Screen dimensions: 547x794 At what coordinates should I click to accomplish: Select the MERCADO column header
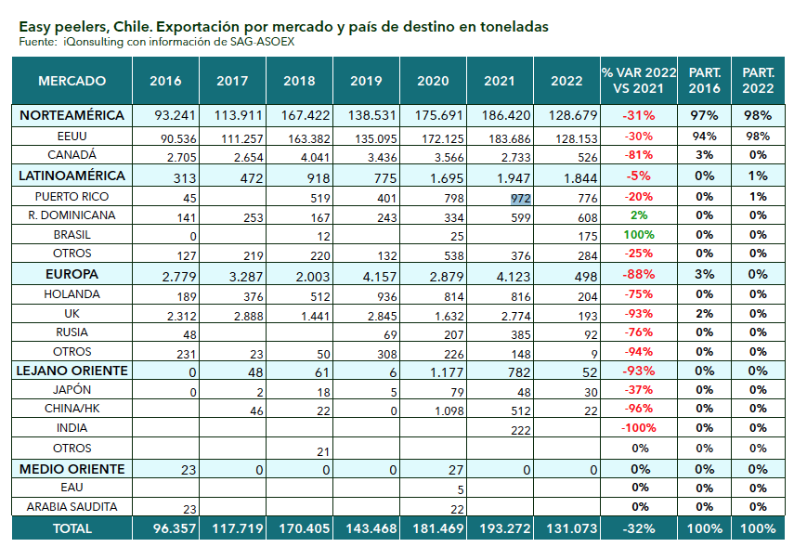pyautogui.click(x=72, y=81)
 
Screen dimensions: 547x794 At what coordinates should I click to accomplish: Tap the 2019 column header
pyautogui.click(x=366, y=81)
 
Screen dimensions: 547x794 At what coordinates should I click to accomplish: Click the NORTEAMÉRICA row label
pyautogui.click(x=72, y=116)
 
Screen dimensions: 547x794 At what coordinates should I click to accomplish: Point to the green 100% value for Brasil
pyautogui.click(x=639, y=235)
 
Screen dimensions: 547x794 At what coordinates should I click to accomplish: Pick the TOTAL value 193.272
pyautogui.click(x=500, y=527)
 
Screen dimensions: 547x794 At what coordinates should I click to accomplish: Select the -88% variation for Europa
pyautogui.click(x=639, y=275)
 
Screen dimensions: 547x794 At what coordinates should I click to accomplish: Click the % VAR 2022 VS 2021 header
pyautogui.click(x=639, y=81)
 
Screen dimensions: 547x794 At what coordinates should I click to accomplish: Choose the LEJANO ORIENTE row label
pyautogui.click(x=72, y=371)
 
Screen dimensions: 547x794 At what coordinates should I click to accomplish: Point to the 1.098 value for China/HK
pyautogui.click(x=433, y=409)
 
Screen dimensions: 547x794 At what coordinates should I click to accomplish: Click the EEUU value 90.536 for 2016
pyautogui.click(x=165, y=137)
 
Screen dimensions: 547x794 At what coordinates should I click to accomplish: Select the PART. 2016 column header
pyautogui.click(x=704, y=81)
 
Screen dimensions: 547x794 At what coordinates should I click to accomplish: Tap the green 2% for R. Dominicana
pyautogui.click(x=639, y=215)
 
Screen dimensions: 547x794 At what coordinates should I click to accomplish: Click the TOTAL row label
pyautogui.click(x=72, y=527)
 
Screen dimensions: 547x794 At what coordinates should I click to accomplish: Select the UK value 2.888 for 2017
pyautogui.click(x=232, y=314)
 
